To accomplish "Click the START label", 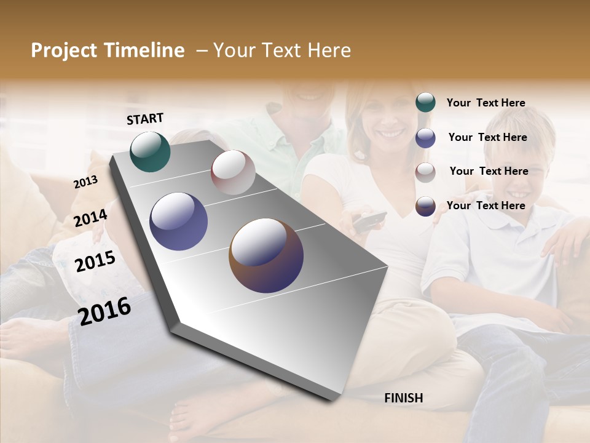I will pyautogui.click(x=145, y=119).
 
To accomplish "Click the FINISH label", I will pyautogui.click(x=403, y=398).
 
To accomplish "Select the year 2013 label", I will pyautogui.click(x=85, y=182).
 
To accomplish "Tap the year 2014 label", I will pyautogui.click(x=90, y=218).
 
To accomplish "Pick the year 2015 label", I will pyautogui.click(x=95, y=261).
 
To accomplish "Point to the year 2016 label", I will pyautogui.click(x=104, y=311).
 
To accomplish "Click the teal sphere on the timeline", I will pyautogui.click(x=150, y=151).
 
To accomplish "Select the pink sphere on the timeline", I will pyautogui.click(x=233, y=172).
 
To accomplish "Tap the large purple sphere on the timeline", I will pyautogui.click(x=178, y=221).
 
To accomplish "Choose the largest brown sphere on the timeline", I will pyautogui.click(x=266, y=255).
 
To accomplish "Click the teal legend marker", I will pyautogui.click(x=425, y=103).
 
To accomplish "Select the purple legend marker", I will pyautogui.click(x=425, y=137).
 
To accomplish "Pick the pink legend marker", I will pyautogui.click(x=425, y=172).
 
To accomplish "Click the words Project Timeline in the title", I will pyautogui.click(x=108, y=50).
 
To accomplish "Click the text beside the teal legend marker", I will pyautogui.click(x=486, y=103).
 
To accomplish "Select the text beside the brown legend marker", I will pyautogui.click(x=486, y=206).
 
